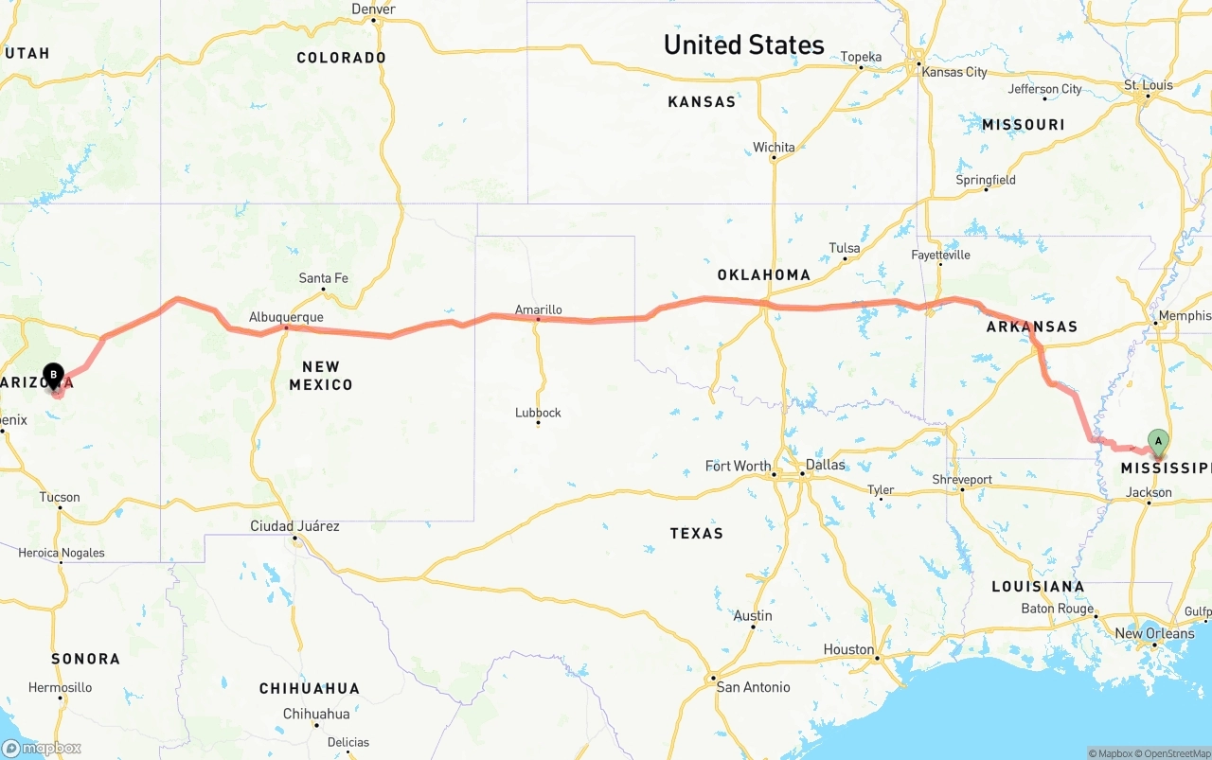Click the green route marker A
coord(1157,440)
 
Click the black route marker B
coord(54,376)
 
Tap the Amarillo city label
coord(538,309)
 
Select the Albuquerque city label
coord(286,317)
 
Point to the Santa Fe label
coord(323,278)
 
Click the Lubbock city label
coord(538,413)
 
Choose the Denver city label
coord(373,9)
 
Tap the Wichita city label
coord(774,148)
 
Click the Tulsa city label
coord(844,249)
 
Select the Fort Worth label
coord(738,466)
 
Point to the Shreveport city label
coord(961,480)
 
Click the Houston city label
coord(848,649)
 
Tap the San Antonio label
coord(754,687)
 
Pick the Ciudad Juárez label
coord(294,526)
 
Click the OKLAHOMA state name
coord(763,275)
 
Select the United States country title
coord(743,44)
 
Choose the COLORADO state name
coord(341,58)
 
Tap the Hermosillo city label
coord(60,687)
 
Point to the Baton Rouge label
coord(1056,610)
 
